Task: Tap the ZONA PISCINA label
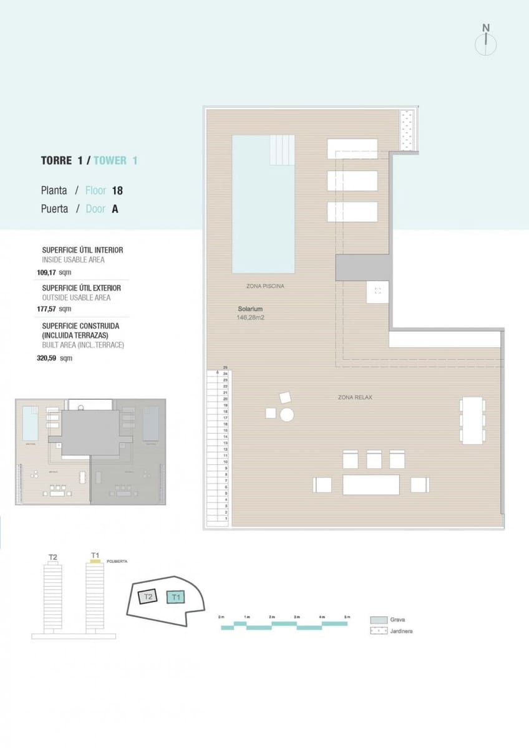point(266,286)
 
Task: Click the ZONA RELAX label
point(355,397)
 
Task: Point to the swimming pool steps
point(283,150)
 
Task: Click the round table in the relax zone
point(287,415)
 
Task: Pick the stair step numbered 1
point(225,519)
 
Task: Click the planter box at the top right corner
point(409,130)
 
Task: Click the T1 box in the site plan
point(176,597)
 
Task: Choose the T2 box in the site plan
point(147,597)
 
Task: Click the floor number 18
point(117,191)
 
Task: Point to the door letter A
point(115,209)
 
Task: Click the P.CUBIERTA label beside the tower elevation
point(117,561)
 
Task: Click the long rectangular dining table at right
point(473,421)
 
